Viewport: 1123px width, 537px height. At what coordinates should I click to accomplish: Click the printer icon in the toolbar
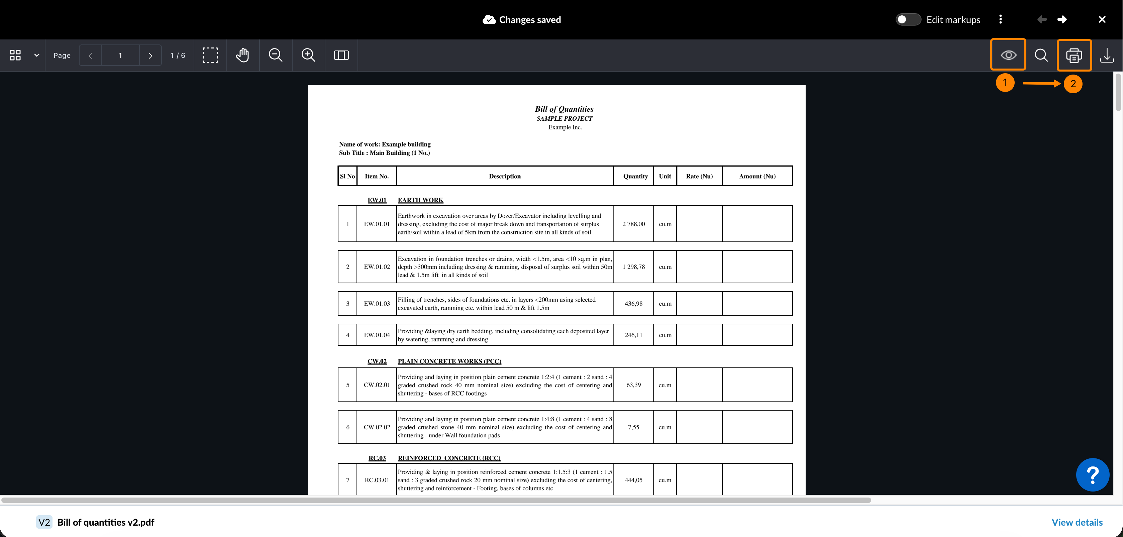coord(1074,56)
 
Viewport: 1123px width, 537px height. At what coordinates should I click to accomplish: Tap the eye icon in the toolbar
coord(1008,56)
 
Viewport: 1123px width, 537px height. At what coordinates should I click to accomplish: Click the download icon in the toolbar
coord(1106,56)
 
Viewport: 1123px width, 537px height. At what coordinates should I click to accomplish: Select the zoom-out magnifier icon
coord(276,56)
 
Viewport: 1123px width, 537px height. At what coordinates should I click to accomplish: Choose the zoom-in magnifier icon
coord(308,56)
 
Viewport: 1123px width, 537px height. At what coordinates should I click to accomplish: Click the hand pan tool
coord(242,56)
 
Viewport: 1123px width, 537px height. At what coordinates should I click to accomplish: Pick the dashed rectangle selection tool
coord(210,56)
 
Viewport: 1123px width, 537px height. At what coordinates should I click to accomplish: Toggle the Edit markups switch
coord(908,20)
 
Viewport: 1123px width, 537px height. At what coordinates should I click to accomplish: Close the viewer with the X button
coord(1102,20)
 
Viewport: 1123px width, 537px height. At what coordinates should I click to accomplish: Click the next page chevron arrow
coord(150,56)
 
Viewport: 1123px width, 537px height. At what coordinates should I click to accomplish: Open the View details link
coord(1077,522)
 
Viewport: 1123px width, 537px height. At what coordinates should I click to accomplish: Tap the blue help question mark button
coord(1093,475)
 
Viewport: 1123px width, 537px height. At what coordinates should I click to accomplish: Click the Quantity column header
coord(635,176)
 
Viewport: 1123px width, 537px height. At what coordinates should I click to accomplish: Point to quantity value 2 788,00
coord(633,224)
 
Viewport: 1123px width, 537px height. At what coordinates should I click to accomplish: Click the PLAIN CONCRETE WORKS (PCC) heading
coord(449,361)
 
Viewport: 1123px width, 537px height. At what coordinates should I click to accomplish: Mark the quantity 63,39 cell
coord(633,385)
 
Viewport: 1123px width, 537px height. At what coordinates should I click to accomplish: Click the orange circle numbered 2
coord(1073,84)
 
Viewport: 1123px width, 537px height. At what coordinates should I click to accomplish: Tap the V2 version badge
coord(44,522)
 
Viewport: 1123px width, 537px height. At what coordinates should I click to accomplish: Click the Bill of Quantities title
coord(564,109)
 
